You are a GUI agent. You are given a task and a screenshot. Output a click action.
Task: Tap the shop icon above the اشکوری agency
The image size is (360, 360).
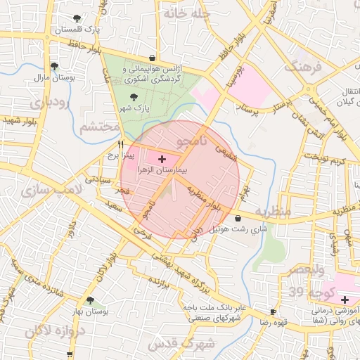153,58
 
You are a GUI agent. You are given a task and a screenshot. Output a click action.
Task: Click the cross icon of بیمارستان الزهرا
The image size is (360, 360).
162,160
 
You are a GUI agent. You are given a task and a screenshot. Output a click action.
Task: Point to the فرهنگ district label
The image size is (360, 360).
302,70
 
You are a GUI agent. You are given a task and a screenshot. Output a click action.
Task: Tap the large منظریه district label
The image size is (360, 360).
272,211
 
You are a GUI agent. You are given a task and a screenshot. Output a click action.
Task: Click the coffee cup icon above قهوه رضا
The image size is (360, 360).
273,310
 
